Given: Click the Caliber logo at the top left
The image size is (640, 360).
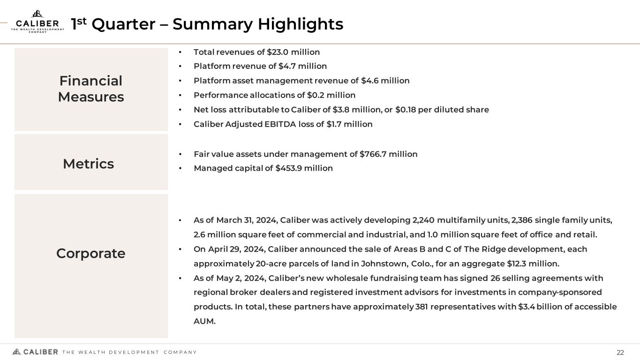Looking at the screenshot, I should click(x=38, y=22).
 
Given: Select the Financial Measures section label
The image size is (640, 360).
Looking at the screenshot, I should click(x=91, y=89).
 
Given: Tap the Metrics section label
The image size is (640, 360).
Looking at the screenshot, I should click(x=88, y=164).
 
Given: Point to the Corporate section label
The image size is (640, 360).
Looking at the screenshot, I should click(x=91, y=253).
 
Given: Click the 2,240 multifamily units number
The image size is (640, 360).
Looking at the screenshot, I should click(x=423, y=220).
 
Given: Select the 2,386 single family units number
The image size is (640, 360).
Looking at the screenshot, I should click(x=521, y=220).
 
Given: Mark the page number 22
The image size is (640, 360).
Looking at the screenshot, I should click(x=620, y=352).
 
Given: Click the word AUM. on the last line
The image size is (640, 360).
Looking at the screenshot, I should click(x=204, y=322).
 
